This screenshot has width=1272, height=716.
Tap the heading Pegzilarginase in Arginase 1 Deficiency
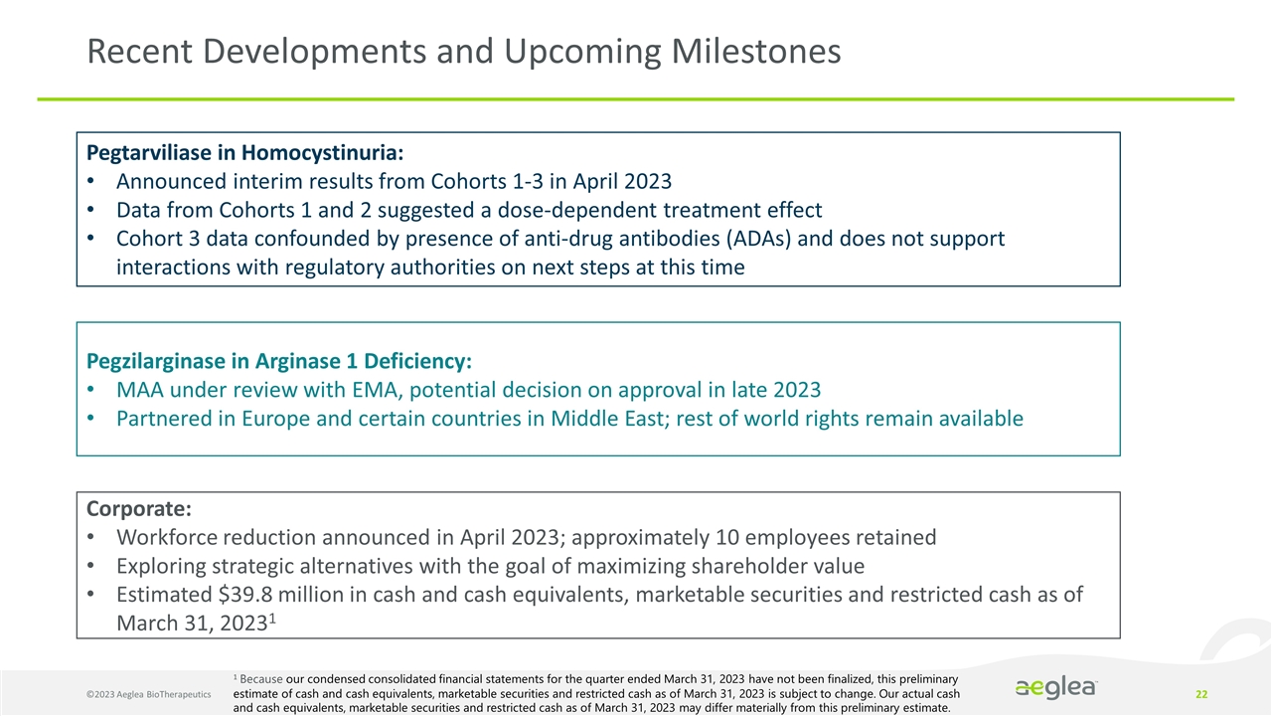coord(279,359)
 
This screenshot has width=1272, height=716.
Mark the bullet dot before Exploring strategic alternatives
coord(91,567)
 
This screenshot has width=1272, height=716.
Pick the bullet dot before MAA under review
coord(91,389)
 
